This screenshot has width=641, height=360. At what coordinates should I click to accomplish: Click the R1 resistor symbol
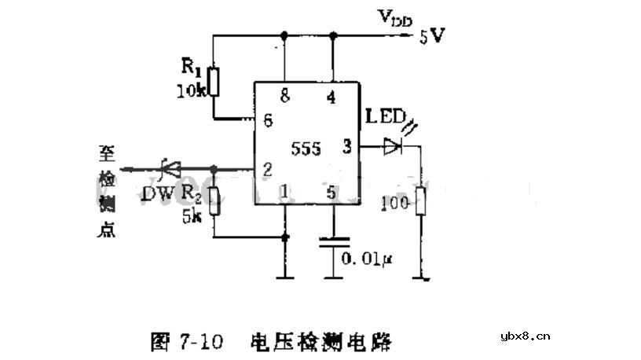(x=214, y=81)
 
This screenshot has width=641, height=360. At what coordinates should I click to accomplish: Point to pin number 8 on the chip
(x=284, y=96)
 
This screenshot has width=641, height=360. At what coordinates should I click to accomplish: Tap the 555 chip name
(x=306, y=148)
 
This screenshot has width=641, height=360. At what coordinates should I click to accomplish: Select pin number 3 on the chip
(x=346, y=145)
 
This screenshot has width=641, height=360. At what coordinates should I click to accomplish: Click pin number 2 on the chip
(x=267, y=168)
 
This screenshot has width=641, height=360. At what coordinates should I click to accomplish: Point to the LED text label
(x=385, y=119)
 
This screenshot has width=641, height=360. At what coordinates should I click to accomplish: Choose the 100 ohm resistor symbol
(x=420, y=202)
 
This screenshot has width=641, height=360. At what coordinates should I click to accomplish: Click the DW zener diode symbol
(x=169, y=168)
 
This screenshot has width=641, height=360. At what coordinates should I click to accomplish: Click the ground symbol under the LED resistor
(x=423, y=277)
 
